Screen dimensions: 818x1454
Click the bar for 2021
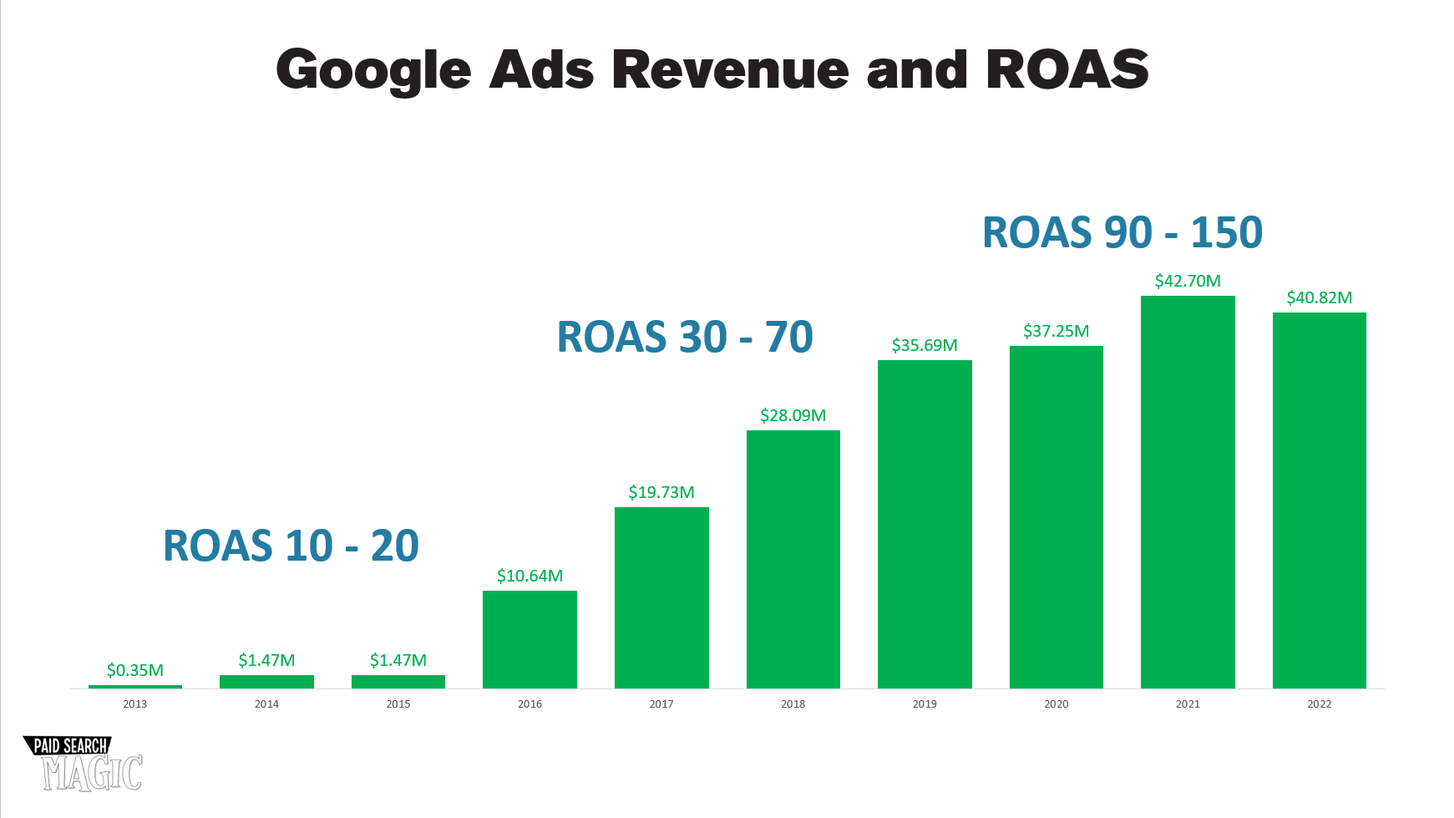(x=1188, y=492)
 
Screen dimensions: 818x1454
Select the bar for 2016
(x=529, y=639)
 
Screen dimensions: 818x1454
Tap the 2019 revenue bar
(x=925, y=524)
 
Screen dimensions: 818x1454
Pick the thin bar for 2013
(x=135, y=687)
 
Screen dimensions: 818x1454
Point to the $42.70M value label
(x=1188, y=281)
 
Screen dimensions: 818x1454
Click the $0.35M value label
(x=135, y=670)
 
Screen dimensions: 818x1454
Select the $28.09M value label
(x=793, y=415)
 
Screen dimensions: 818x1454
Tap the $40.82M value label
(x=1319, y=297)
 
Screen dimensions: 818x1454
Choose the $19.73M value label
(x=661, y=492)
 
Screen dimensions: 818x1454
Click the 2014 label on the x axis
(x=266, y=704)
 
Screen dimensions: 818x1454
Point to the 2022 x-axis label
(x=1319, y=704)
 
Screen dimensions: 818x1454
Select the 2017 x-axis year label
(x=661, y=704)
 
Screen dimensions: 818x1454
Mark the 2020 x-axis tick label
(x=1056, y=704)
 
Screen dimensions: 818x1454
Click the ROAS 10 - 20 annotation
(x=291, y=546)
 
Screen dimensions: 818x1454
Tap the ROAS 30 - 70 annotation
(x=685, y=338)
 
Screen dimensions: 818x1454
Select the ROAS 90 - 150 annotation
(x=1122, y=232)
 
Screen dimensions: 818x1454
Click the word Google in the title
(x=373, y=70)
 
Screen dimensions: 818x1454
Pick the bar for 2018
(x=793, y=559)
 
